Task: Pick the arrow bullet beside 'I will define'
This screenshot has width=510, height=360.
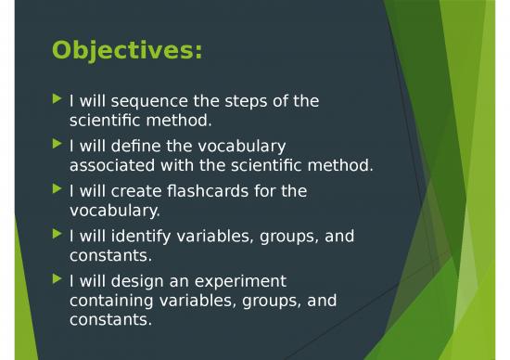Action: pyautogui.click(x=58, y=145)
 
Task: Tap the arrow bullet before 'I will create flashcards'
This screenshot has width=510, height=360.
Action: pyautogui.click(x=58, y=190)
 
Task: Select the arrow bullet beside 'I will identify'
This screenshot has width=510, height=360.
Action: pyautogui.click(x=58, y=235)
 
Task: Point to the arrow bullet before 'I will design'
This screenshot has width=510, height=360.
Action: pyautogui.click(x=58, y=280)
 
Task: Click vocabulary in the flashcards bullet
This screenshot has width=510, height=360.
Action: pyautogui.click(x=113, y=212)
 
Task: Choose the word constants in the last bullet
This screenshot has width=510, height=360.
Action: pyautogui.click(x=108, y=321)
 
